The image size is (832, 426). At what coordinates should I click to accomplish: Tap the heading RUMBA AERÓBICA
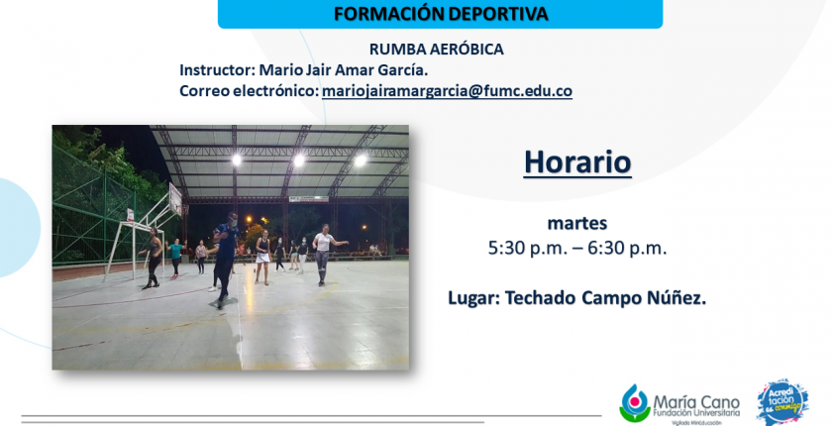(x=436, y=50)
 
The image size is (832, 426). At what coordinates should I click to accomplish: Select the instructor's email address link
(x=447, y=91)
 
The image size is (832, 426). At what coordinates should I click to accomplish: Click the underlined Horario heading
(x=577, y=162)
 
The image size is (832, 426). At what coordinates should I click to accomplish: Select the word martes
(x=577, y=223)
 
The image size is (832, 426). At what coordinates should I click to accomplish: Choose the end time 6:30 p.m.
(x=627, y=249)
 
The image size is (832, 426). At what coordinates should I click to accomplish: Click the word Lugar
(x=473, y=298)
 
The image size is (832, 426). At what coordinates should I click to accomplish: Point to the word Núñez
(x=676, y=297)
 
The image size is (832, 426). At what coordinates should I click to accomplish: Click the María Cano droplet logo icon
(x=635, y=403)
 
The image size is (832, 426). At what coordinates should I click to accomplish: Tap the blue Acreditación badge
(x=782, y=401)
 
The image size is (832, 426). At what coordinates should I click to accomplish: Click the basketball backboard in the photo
(x=175, y=199)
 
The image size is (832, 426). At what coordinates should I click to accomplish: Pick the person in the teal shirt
(x=175, y=257)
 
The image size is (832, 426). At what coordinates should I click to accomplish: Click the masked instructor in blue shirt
(x=225, y=258)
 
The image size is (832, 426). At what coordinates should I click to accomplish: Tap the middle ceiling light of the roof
(x=299, y=160)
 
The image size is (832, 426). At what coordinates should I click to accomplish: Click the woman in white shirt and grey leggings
(x=325, y=255)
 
